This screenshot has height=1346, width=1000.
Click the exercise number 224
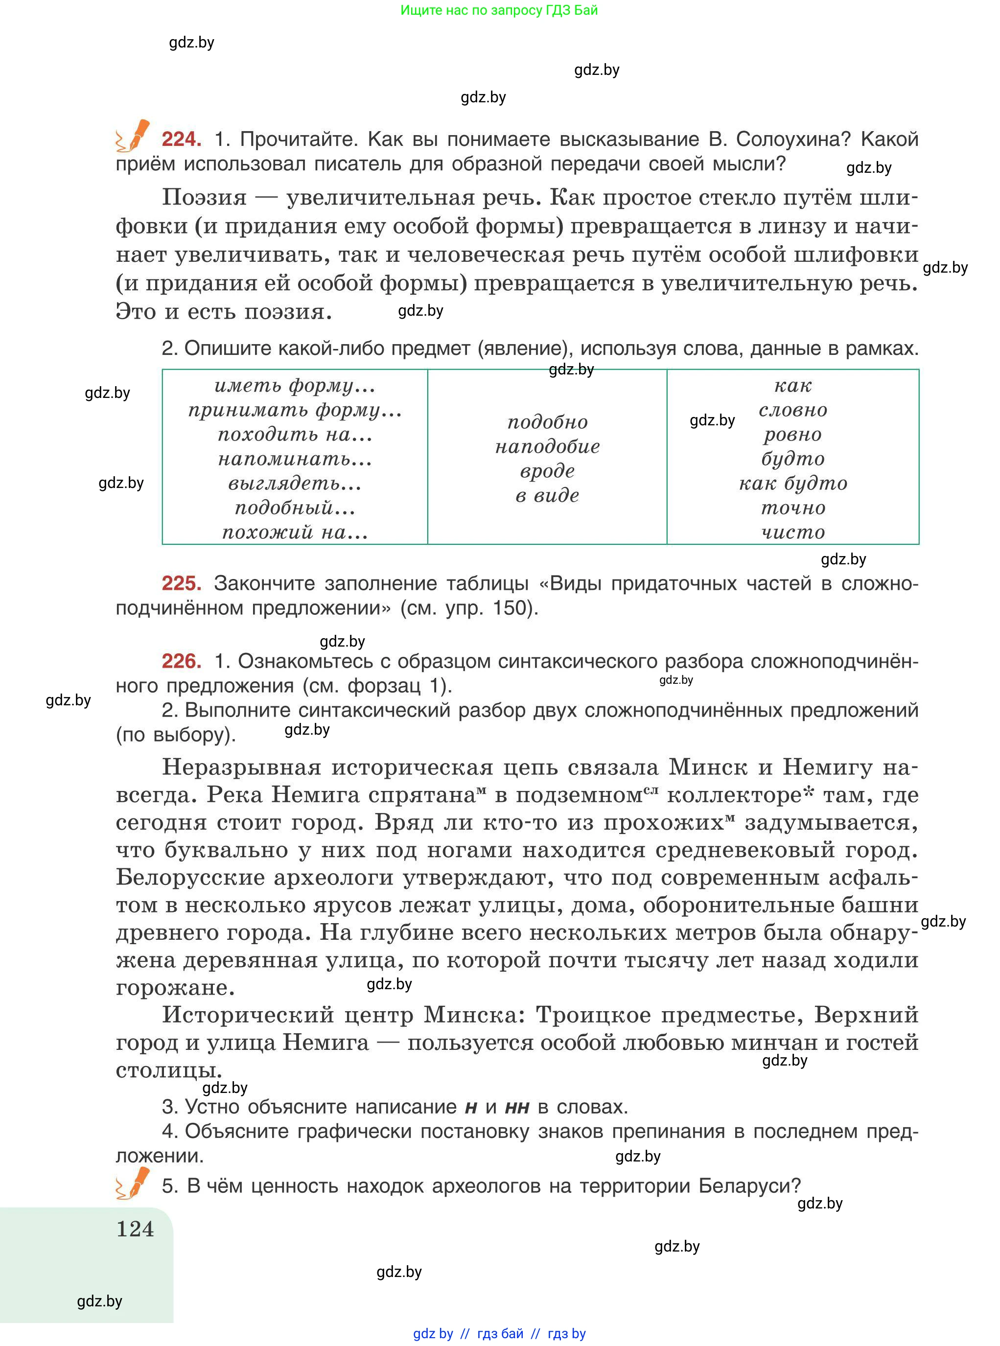pos(181,139)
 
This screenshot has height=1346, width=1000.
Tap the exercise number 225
pos(181,583)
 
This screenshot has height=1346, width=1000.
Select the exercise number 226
pos(181,661)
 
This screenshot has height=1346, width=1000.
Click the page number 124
pos(135,1229)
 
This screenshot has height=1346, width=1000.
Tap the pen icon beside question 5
pos(133,1183)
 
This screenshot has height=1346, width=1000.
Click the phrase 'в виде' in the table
pos(547,496)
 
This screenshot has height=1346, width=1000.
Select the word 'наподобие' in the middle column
pos(547,447)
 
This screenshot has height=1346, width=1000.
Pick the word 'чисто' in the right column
pos(793,532)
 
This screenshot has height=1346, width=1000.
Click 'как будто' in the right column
pos(793,483)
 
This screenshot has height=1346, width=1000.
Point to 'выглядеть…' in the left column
pos(295,483)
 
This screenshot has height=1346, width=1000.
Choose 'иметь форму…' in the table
pos(295,386)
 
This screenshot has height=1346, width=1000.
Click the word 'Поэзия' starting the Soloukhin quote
pos(205,197)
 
